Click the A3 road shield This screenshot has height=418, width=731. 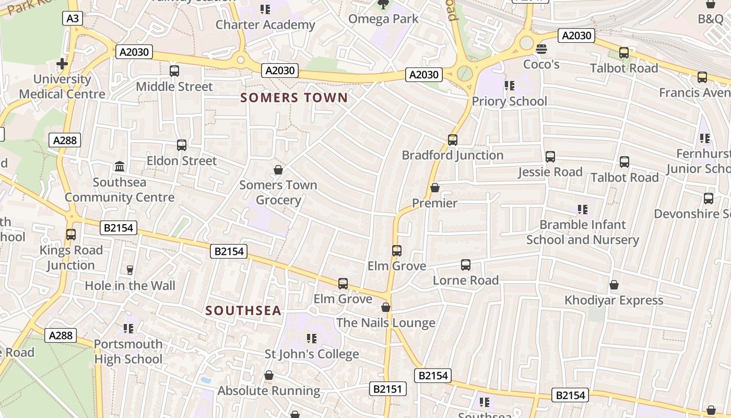tap(73, 19)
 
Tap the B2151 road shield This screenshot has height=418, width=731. tap(387, 389)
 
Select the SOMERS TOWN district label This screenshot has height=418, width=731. tap(294, 98)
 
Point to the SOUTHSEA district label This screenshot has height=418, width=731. tap(243, 310)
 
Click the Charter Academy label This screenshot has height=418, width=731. tap(265, 25)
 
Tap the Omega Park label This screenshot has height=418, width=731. tap(383, 19)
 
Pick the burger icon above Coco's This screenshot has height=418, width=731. tap(541, 49)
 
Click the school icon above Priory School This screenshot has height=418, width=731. tap(509, 86)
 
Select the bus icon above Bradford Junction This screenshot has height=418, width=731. tap(453, 140)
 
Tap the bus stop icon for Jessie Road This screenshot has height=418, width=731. tap(550, 157)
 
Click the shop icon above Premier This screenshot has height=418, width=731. tap(435, 188)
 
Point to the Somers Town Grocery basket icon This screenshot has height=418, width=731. tap(278, 170)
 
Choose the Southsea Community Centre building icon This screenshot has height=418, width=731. tap(120, 167)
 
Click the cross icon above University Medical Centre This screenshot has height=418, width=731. tap(62, 64)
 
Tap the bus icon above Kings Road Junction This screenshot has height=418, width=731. tap(71, 235)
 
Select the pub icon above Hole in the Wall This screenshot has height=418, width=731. tap(130, 270)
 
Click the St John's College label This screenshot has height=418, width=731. tap(312, 354)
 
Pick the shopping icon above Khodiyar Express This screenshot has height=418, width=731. tap(614, 285)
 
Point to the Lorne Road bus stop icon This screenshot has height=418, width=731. tap(466, 265)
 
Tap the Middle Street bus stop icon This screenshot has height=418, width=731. tap(174, 71)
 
